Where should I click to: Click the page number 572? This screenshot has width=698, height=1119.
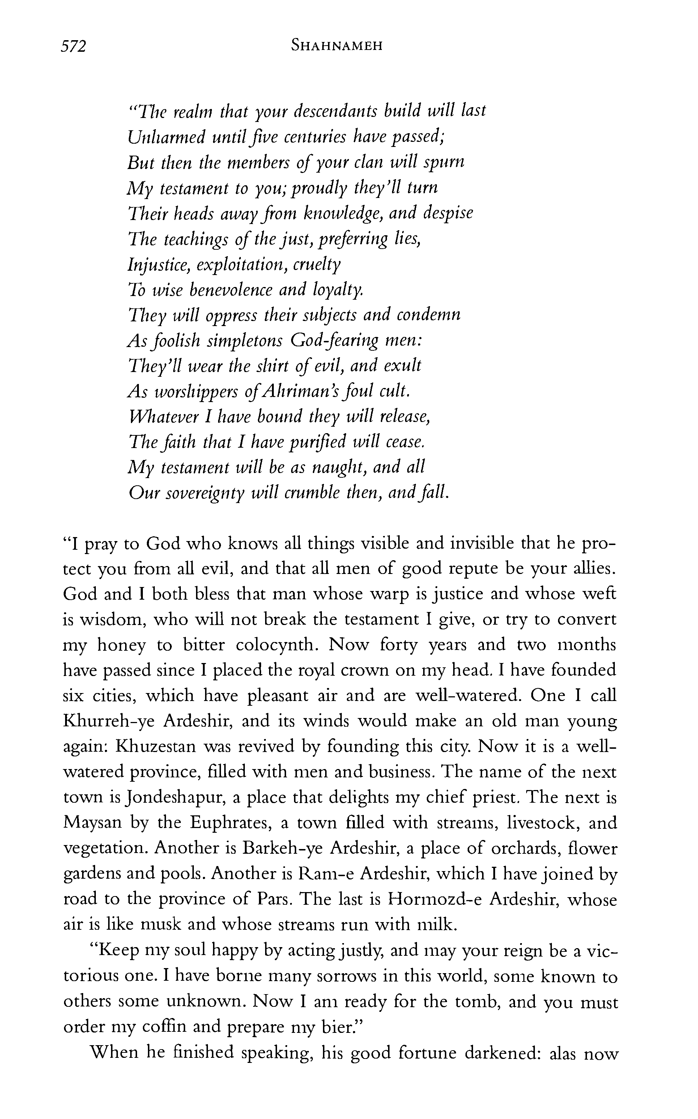click(73, 47)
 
